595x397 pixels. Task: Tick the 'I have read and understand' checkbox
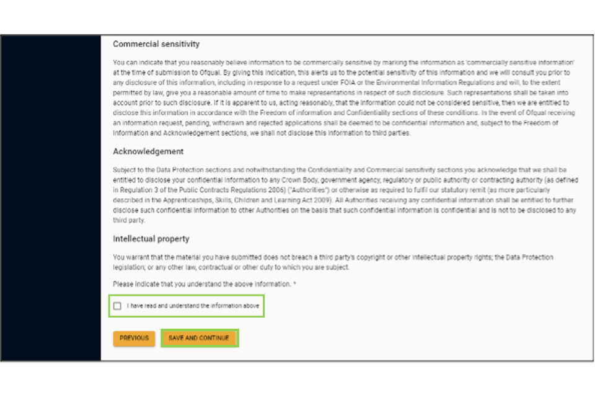tap(118, 306)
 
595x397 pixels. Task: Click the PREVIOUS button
tap(134, 338)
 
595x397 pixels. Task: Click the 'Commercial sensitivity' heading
tap(156, 45)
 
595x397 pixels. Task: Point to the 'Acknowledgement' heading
tap(148, 151)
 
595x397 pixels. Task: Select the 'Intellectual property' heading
tap(151, 239)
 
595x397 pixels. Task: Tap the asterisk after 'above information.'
tap(295, 284)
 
